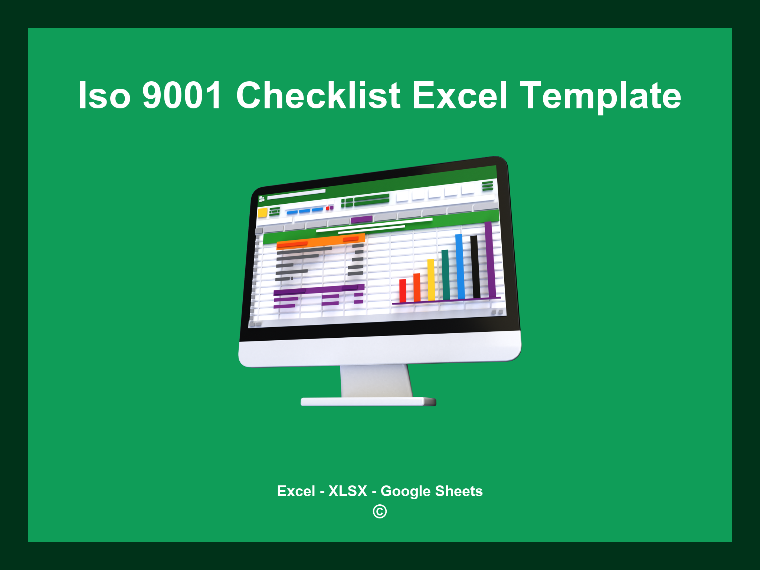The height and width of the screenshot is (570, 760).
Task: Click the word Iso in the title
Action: [104, 96]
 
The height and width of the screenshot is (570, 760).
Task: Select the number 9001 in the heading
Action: [182, 96]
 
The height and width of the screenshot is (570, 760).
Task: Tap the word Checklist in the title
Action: [318, 96]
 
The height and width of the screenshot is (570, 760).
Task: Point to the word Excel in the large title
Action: [459, 96]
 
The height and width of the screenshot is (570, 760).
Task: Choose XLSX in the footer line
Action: [348, 491]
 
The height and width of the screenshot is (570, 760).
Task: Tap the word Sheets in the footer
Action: [459, 491]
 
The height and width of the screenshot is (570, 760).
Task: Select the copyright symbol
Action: [380, 512]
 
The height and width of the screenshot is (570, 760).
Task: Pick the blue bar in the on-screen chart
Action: [460, 266]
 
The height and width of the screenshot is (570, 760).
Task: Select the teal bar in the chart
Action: [445, 275]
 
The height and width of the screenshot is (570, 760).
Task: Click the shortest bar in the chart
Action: [403, 291]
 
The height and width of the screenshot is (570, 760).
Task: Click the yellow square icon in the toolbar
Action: [262, 213]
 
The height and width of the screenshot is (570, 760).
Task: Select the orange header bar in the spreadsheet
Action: [321, 242]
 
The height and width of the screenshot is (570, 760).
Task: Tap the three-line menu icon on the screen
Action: [488, 186]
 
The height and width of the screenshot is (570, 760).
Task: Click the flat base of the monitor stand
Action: [368, 402]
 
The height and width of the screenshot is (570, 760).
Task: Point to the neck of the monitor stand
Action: [376, 380]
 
